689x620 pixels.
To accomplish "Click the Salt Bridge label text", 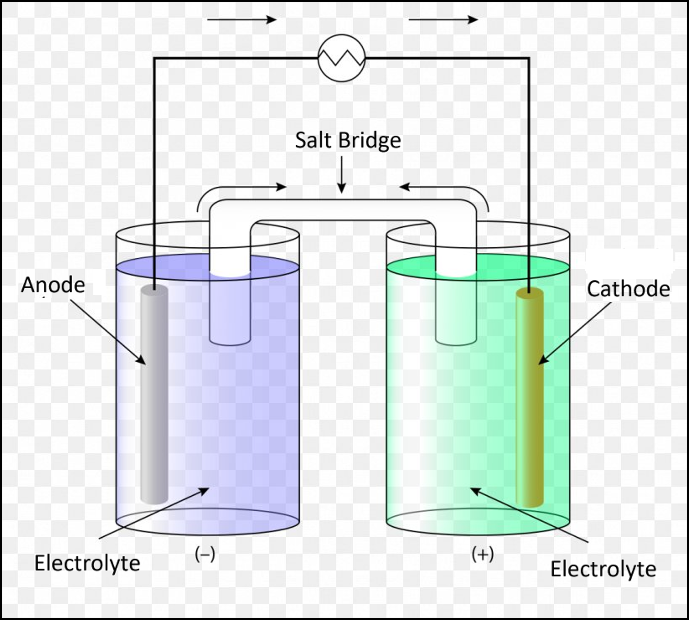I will coord(348,141).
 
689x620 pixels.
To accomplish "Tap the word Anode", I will coord(53,285).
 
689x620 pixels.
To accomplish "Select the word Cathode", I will coord(628,289).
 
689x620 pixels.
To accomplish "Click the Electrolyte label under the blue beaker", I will coord(88,564).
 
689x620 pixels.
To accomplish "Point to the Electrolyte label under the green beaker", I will coord(603,569).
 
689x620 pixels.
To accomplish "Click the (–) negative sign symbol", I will coord(205,554).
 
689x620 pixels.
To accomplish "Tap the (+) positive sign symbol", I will coord(483,554).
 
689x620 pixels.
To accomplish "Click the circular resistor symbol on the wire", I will coord(341,58).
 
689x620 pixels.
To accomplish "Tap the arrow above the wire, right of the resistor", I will coord(443,20).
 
